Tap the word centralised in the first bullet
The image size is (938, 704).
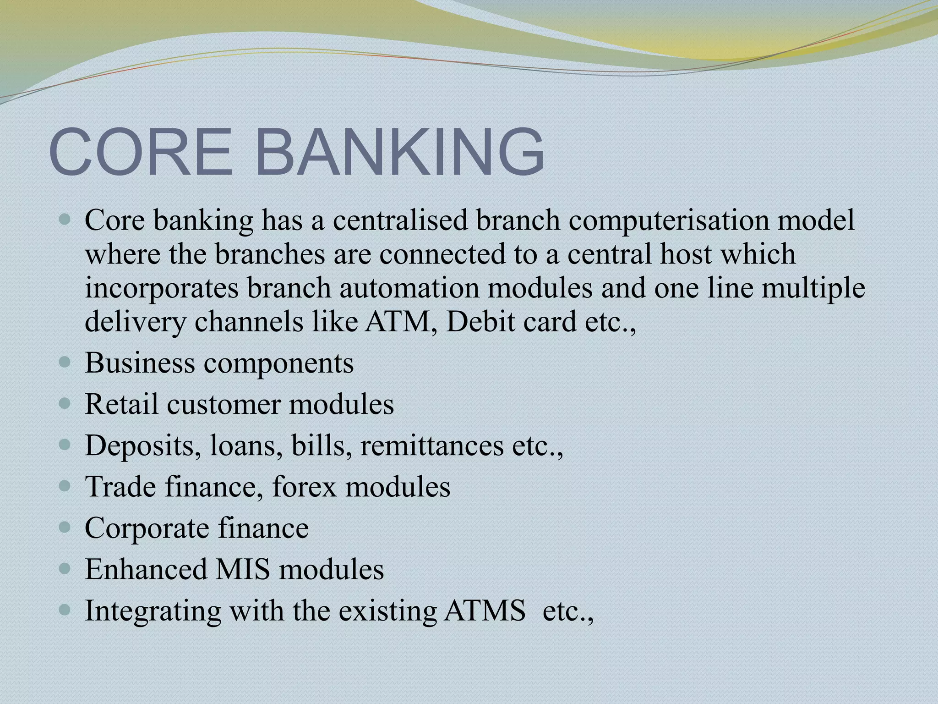pyautogui.click(x=399, y=220)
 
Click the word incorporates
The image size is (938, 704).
pyautogui.click(x=162, y=289)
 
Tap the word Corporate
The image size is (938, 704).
pyautogui.click(x=147, y=528)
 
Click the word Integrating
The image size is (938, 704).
pyautogui.click(x=153, y=611)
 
